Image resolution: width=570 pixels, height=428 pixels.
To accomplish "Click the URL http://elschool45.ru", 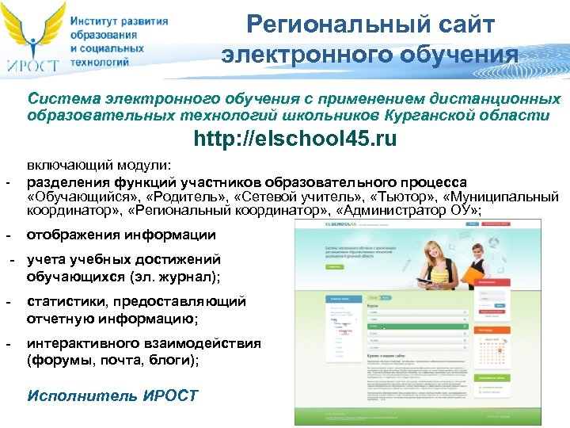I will pyautogui.click(x=295, y=139).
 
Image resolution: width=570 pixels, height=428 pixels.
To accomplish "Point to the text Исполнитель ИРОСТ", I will pyautogui.click(x=112, y=396).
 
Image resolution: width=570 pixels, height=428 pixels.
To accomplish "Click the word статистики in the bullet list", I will pyautogui.click(x=67, y=301).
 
